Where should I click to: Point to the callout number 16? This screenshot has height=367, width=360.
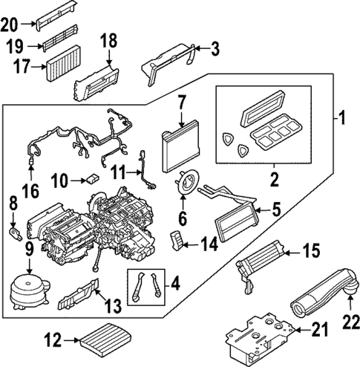click(30, 191)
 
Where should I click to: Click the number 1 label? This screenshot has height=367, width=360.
click(342, 117)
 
